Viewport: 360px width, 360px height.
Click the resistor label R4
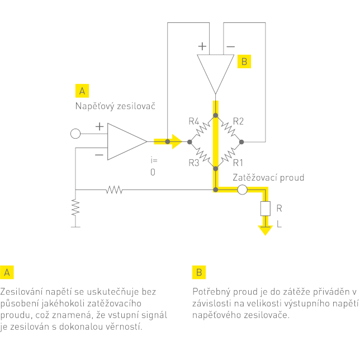[194, 121]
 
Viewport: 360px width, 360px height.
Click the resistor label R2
[238, 121]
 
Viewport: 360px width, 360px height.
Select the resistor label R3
[194, 163]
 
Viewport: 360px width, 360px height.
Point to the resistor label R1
[238, 163]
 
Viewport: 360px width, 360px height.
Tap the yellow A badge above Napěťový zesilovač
[82, 91]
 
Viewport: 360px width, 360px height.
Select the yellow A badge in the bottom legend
[7, 272]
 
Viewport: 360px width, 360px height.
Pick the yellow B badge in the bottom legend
[199, 272]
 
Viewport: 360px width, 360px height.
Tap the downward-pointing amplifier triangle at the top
[215, 70]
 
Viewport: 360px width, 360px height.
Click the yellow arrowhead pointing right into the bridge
[177, 141]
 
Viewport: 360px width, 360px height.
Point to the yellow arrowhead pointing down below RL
[264, 229]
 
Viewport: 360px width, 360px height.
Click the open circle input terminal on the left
[75, 134]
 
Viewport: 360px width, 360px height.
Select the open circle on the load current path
[242, 190]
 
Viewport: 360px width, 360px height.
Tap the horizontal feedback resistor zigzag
[114, 190]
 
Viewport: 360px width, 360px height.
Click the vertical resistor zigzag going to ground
[75, 209]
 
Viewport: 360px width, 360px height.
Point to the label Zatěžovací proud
[268, 178]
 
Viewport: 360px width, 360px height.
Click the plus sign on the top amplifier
[202, 46]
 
